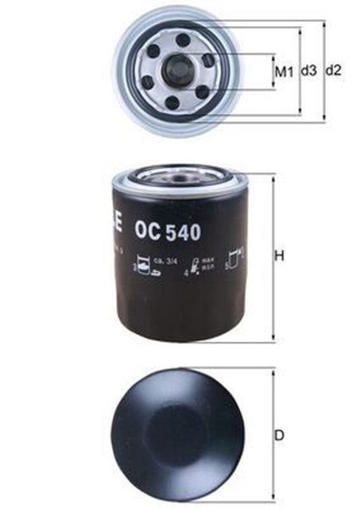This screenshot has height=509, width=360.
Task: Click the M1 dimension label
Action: point(284,72)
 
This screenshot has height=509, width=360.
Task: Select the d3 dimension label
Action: point(308,72)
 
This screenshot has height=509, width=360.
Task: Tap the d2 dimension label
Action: point(334,72)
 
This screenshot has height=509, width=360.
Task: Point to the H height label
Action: point(279,256)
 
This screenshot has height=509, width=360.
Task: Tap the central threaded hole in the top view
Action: point(176,71)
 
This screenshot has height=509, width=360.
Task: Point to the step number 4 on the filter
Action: point(184,273)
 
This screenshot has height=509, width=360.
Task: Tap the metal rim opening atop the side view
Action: point(176,171)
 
